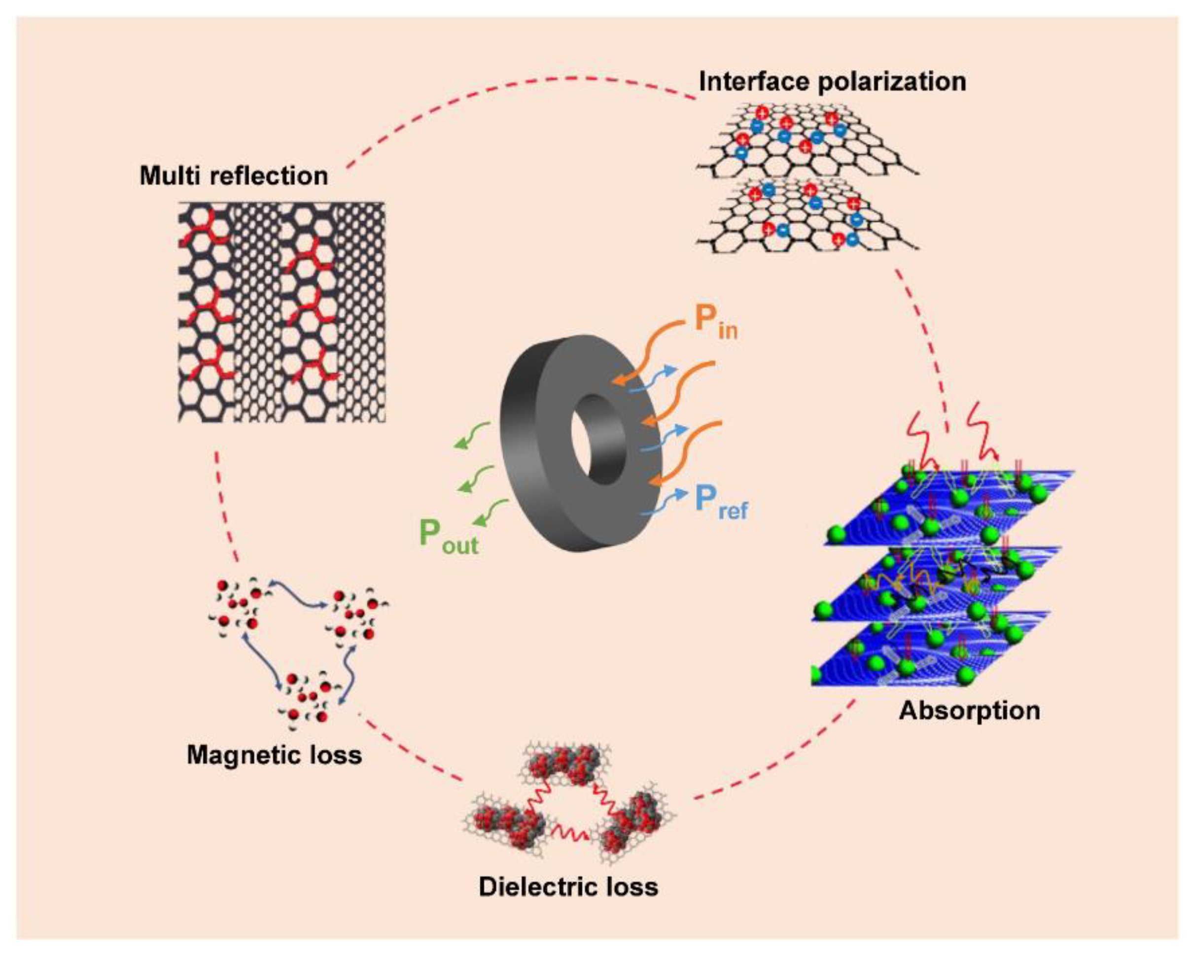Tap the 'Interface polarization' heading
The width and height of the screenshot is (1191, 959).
(x=832, y=82)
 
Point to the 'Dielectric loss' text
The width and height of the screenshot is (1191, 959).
(x=568, y=887)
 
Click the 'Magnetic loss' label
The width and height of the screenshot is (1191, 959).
(x=274, y=755)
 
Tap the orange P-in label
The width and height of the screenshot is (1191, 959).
(x=715, y=321)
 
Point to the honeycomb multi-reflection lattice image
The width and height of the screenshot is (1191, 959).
(x=281, y=312)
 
